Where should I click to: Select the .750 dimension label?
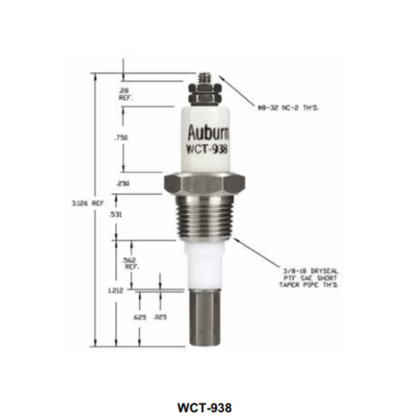(121, 138)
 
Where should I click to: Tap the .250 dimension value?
(123, 184)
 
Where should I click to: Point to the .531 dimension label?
(116, 214)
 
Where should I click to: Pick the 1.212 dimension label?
(115, 291)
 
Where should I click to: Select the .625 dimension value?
(140, 317)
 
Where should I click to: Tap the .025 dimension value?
(160, 317)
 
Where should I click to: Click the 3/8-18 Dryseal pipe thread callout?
(309, 278)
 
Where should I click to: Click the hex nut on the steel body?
(204, 184)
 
